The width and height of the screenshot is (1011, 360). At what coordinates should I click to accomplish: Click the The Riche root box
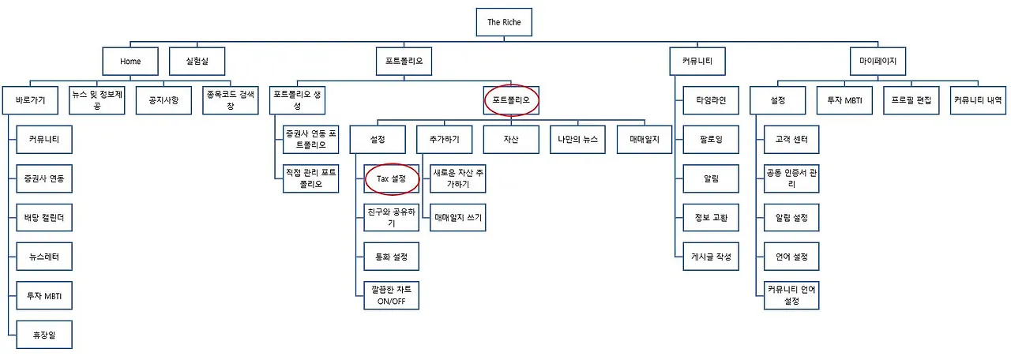pyautogui.click(x=505, y=22)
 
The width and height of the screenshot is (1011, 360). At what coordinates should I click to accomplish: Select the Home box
pyautogui.click(x=130, y=61)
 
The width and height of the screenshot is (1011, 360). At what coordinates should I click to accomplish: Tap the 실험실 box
pyautogui.click(x=197, y=61)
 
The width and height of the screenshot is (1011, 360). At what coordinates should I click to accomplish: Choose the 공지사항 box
pyautogui.click(x=163, y=100)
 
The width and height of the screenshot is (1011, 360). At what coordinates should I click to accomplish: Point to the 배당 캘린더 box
pyautogui.click(x=44, y=219)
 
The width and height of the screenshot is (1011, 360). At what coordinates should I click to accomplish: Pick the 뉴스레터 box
pyautogui.click(x=44, y=257)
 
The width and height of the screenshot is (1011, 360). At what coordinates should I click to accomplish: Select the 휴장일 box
pyautogui.click(x=44, y=336)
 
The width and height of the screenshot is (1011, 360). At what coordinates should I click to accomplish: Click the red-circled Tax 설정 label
pyautogui.click(x=391, y=179)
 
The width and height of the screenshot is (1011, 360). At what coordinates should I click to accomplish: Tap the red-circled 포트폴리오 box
pyautogui.click(x=511, y=100)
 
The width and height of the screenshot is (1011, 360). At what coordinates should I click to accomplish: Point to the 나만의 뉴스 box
pyautogui.click(x=578, y=140)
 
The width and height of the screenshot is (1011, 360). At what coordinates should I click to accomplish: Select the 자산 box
pyautogui.click(x=511, y=140)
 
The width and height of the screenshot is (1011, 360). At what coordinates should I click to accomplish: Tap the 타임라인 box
pyautogui.click(x=712, y=100)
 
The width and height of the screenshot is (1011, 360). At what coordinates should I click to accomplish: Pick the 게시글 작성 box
pyautogui.click(x=712, y=257)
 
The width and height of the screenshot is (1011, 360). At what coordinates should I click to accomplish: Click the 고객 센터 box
pyautogui.click(x=792, y=140)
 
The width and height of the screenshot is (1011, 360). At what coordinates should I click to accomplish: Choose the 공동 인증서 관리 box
pyautogui.click(x=792, y=178)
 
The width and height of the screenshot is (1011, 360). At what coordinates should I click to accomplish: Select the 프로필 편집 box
pyautogui.click(x=911, y=100)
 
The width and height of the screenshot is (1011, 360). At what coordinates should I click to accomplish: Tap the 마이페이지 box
pyautogui.click(x=878, y=61)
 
